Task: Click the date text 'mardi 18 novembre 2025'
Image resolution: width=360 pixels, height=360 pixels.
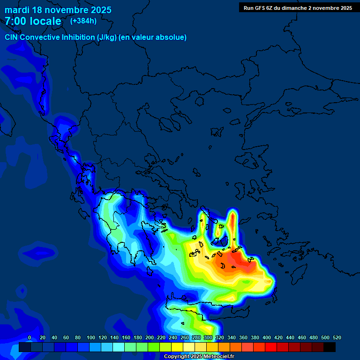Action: tap(58, 10)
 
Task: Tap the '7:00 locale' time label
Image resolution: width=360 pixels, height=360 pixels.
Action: tap(33, 21)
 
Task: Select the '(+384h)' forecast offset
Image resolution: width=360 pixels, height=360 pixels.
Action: tap(83, 21)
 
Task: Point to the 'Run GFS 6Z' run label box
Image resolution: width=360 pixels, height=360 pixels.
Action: tap(298, 7)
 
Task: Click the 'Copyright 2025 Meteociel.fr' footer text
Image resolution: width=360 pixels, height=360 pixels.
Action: tap(199, 357)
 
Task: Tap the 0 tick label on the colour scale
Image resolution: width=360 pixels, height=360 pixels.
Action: tap(30, 338)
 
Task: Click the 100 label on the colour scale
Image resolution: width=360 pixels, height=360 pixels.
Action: tap(91, 338)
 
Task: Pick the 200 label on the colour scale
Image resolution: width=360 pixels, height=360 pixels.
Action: tap(150, 338)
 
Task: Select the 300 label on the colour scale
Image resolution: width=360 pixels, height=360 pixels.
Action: tap(208, 338)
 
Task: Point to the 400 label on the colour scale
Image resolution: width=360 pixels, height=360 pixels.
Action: tap(267, 338)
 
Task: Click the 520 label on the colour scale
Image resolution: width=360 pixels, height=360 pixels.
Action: tap(337, 338)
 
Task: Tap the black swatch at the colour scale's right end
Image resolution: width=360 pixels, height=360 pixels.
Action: tap(330, 347)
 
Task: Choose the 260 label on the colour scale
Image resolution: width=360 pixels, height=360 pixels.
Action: tap(185, 338)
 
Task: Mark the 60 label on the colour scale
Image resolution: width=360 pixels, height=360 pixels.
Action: tap(66, 338)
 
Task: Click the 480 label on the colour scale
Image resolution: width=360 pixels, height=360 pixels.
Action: tap(314, 338)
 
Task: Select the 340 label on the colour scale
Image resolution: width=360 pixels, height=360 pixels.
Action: tap(232, 338)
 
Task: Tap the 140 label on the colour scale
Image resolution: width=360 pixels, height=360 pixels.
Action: tap(114, 338)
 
